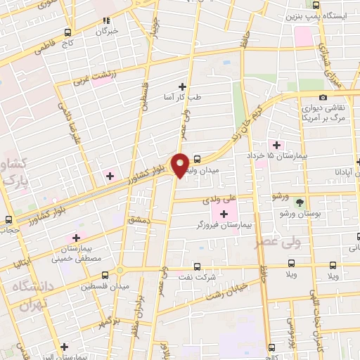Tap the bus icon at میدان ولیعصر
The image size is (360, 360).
(x=198, y=160)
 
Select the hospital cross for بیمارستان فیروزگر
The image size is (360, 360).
(x=224, y=214)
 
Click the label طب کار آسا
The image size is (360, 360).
(x=182, y=98)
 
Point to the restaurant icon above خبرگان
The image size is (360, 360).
(x=107, y=21)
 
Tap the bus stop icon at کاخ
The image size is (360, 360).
(x=68, y=32)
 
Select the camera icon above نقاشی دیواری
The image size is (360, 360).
(x=323, y=97)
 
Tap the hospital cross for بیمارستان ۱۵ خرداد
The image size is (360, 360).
(x=278, y=144)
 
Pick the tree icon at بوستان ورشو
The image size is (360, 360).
(x=300, y=201)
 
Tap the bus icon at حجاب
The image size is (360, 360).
(x=8, y=219)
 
